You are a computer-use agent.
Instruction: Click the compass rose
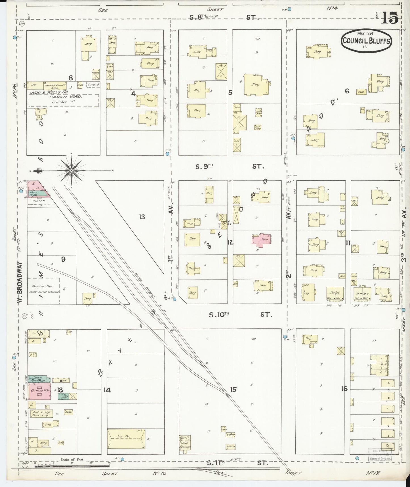pos(71,170)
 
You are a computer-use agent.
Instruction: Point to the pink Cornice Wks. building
pos(40,391)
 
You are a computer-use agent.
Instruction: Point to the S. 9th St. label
pos(230,167)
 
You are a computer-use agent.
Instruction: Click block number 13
pos(142,217)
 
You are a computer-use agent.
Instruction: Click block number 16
pos(344,389)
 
